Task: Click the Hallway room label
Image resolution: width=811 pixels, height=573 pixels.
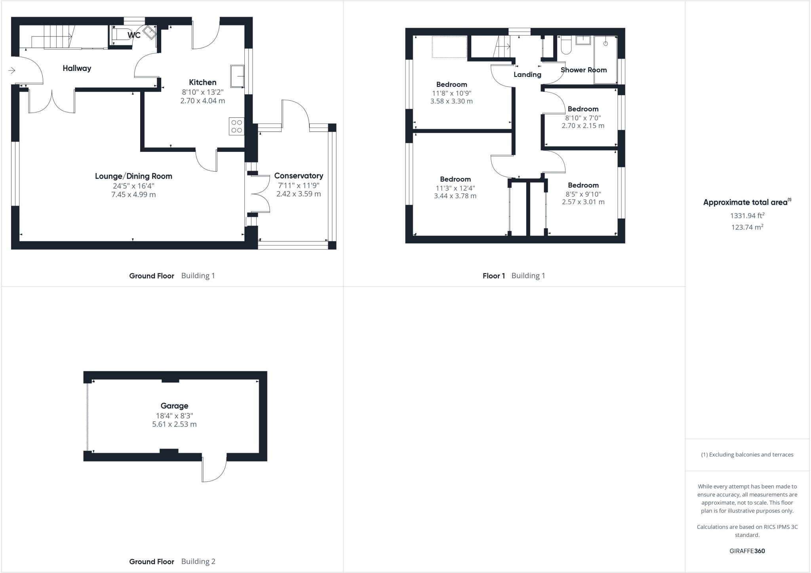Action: (77, 68)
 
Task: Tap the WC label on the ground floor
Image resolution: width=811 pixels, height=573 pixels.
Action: (134, 35)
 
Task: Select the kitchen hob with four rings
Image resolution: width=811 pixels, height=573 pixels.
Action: (236, 126)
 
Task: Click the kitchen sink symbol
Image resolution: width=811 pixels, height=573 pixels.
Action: (237, 76)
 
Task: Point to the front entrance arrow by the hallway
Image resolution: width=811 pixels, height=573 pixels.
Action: (11, 71)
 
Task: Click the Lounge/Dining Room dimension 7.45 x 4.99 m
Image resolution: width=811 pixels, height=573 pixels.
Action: (133, 195)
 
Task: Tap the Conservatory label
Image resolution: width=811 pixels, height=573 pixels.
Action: (299, 176)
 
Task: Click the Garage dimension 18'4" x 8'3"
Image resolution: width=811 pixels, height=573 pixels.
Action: (174, 416)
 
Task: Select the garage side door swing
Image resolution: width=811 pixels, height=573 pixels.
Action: (214, 470)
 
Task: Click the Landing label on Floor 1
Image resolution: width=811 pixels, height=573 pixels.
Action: (527, 74)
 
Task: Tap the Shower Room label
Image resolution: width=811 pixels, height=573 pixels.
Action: (583, 70)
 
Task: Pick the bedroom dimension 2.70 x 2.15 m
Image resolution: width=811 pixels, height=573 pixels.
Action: (583, 126)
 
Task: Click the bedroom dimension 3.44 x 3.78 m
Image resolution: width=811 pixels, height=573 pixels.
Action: (455, 196)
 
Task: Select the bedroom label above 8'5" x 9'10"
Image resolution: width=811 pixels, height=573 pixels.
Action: (583, 185)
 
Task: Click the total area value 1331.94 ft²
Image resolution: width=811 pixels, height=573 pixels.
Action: (747, 216)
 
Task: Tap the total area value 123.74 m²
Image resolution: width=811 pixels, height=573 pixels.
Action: (747, 227)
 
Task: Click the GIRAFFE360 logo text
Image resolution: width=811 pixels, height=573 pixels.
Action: (747, 551)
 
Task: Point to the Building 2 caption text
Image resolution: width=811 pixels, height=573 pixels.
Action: (198, 561)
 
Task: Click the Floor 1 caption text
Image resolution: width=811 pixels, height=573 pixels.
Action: (493, 276)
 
